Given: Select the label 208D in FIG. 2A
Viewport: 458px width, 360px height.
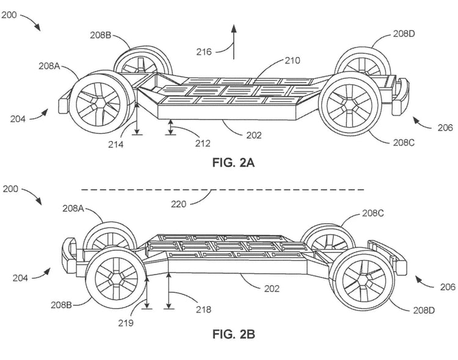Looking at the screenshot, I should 404,34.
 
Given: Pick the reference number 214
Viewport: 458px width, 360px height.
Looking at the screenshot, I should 115,145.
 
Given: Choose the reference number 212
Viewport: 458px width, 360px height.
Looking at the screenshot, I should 203,144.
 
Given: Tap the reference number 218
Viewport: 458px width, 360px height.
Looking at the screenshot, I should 203,309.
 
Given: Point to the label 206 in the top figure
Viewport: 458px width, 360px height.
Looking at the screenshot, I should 446,128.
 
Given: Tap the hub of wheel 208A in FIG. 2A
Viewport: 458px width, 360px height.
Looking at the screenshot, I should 96,104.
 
